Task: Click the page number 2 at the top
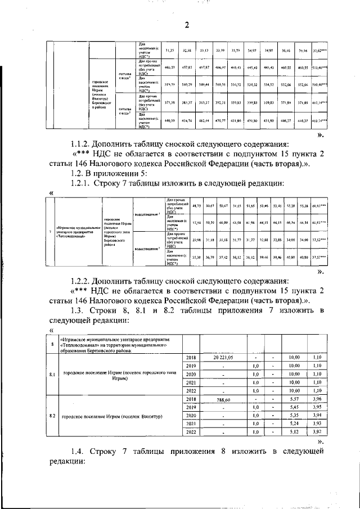[187, 24]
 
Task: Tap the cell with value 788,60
[223, 399]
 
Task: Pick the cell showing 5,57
[292, 399]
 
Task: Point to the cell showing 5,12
[292, 433]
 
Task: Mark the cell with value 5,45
[292, 407]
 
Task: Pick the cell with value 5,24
[292, 424]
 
